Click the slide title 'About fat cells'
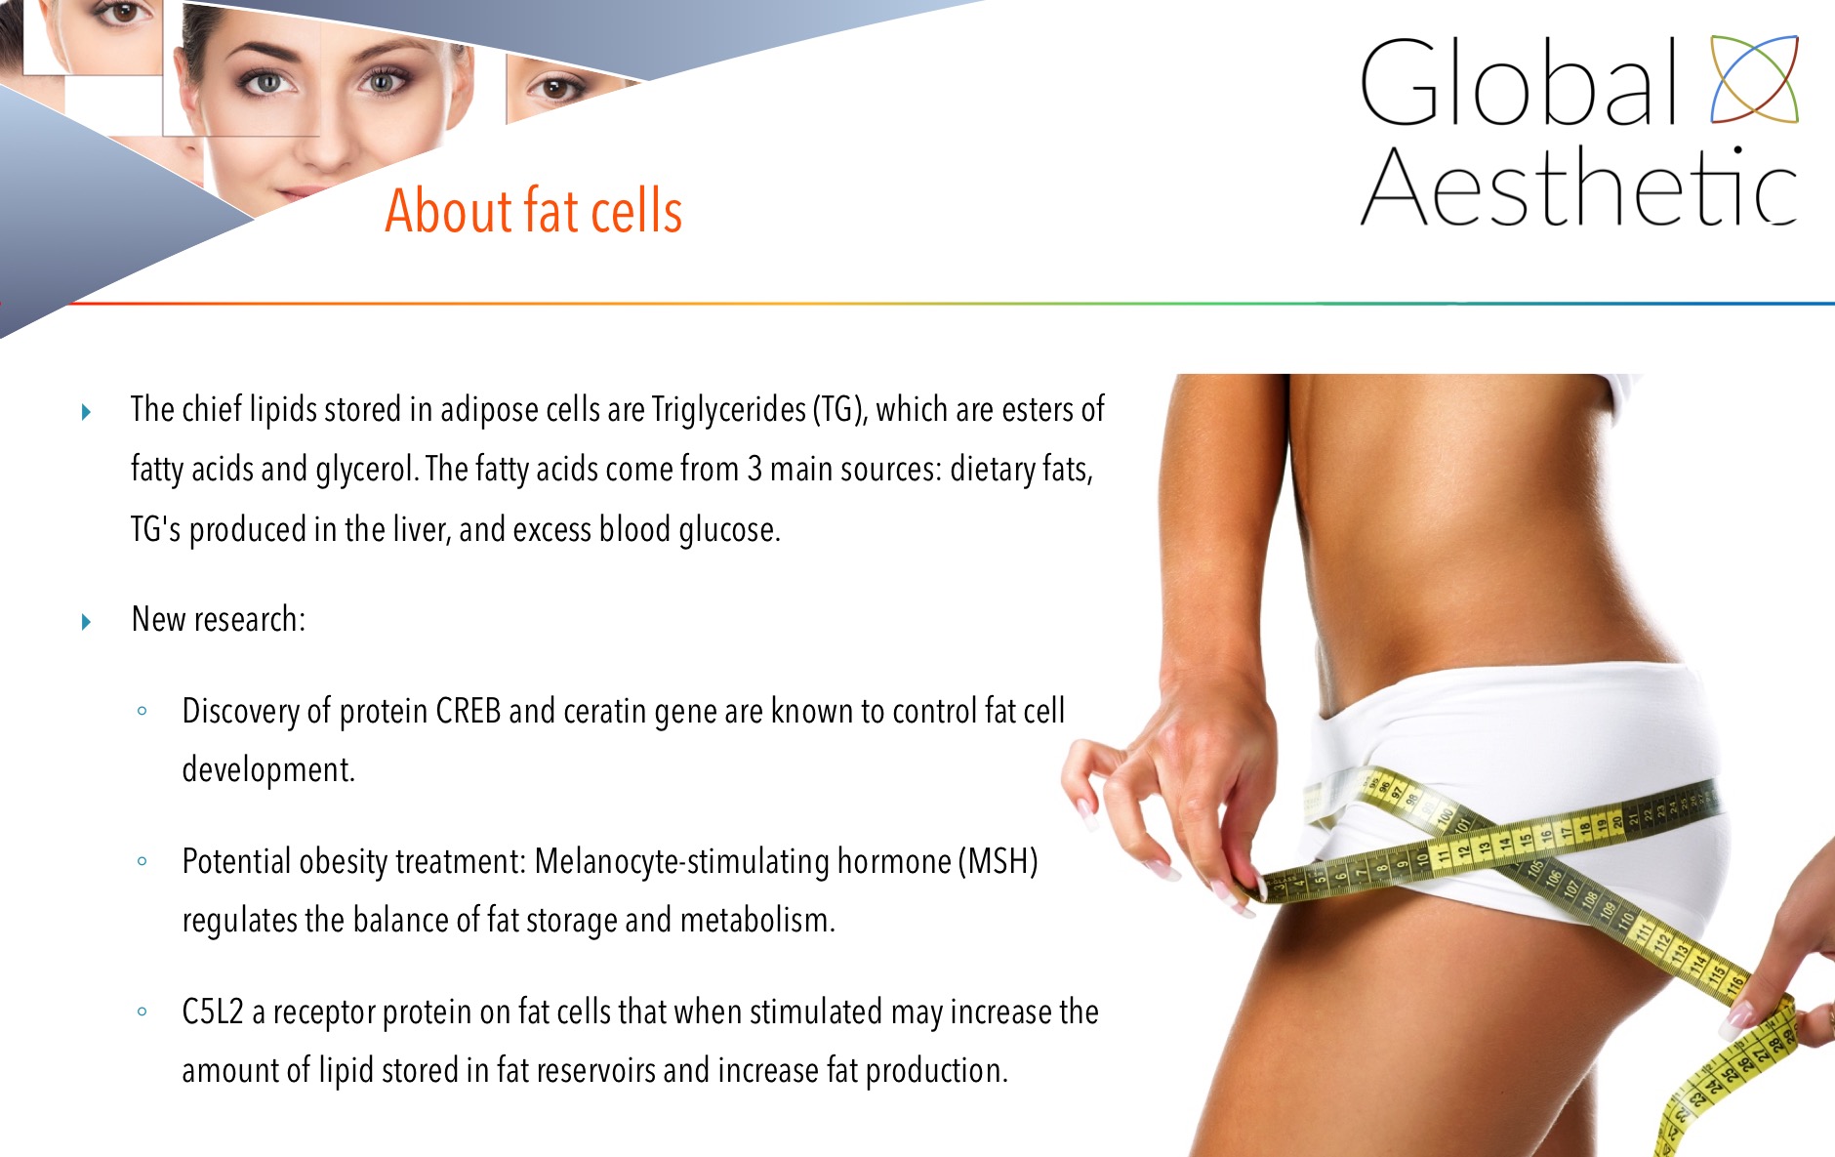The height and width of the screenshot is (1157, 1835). coord(533,210)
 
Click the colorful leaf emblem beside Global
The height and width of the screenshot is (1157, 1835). coord(1754,79)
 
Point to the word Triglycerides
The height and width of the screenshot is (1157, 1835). coord(729,409)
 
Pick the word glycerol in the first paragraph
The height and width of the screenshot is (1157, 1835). coord(367,470)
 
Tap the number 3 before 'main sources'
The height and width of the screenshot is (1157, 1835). coord(754,469)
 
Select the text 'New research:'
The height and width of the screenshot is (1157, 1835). coord(219,619)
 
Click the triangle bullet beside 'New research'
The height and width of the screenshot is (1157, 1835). coord(86,621)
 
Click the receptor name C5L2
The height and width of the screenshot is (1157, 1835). coord(212,1012)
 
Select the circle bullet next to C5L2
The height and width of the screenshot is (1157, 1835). coord(143,1012)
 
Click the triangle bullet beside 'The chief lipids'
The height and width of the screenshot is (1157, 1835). coord(86,412)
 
